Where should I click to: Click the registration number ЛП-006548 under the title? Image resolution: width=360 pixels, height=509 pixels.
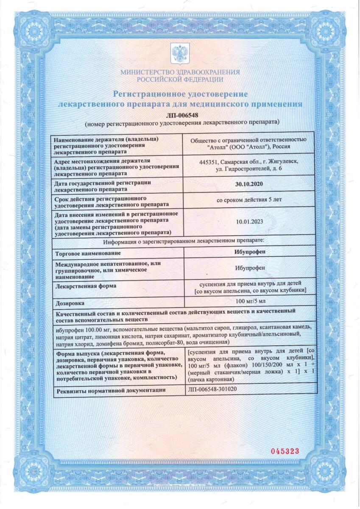coord(180,115)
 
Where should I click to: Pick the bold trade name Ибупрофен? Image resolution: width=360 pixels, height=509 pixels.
coord(250,250)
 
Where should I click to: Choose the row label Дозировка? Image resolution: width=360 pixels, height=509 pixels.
coord(70,303)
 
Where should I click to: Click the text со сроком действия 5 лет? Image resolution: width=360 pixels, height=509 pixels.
coord(250,200)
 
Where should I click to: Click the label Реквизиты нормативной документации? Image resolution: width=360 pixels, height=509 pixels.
coord(109,389)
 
